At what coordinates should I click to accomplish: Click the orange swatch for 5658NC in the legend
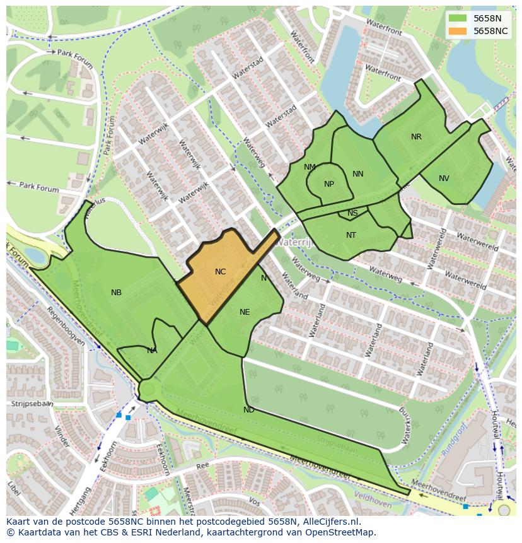[458, 31]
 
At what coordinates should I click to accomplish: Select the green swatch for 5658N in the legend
[458, 18]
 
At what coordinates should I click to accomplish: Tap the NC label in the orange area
[220, 272]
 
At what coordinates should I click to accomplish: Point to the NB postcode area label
[116, 293]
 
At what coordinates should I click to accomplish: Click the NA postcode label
[152, 351]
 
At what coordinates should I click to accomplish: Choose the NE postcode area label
[245, 312]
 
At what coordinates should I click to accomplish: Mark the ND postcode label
[249, 410]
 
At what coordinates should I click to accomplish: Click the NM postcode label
[310, 167]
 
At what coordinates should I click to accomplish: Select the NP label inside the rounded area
[329, 184]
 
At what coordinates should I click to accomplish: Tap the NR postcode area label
[416, 137]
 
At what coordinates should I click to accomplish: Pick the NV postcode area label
[444, 178]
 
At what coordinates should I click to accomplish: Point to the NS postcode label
[352, 213]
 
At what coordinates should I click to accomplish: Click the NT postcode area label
[351, 235]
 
